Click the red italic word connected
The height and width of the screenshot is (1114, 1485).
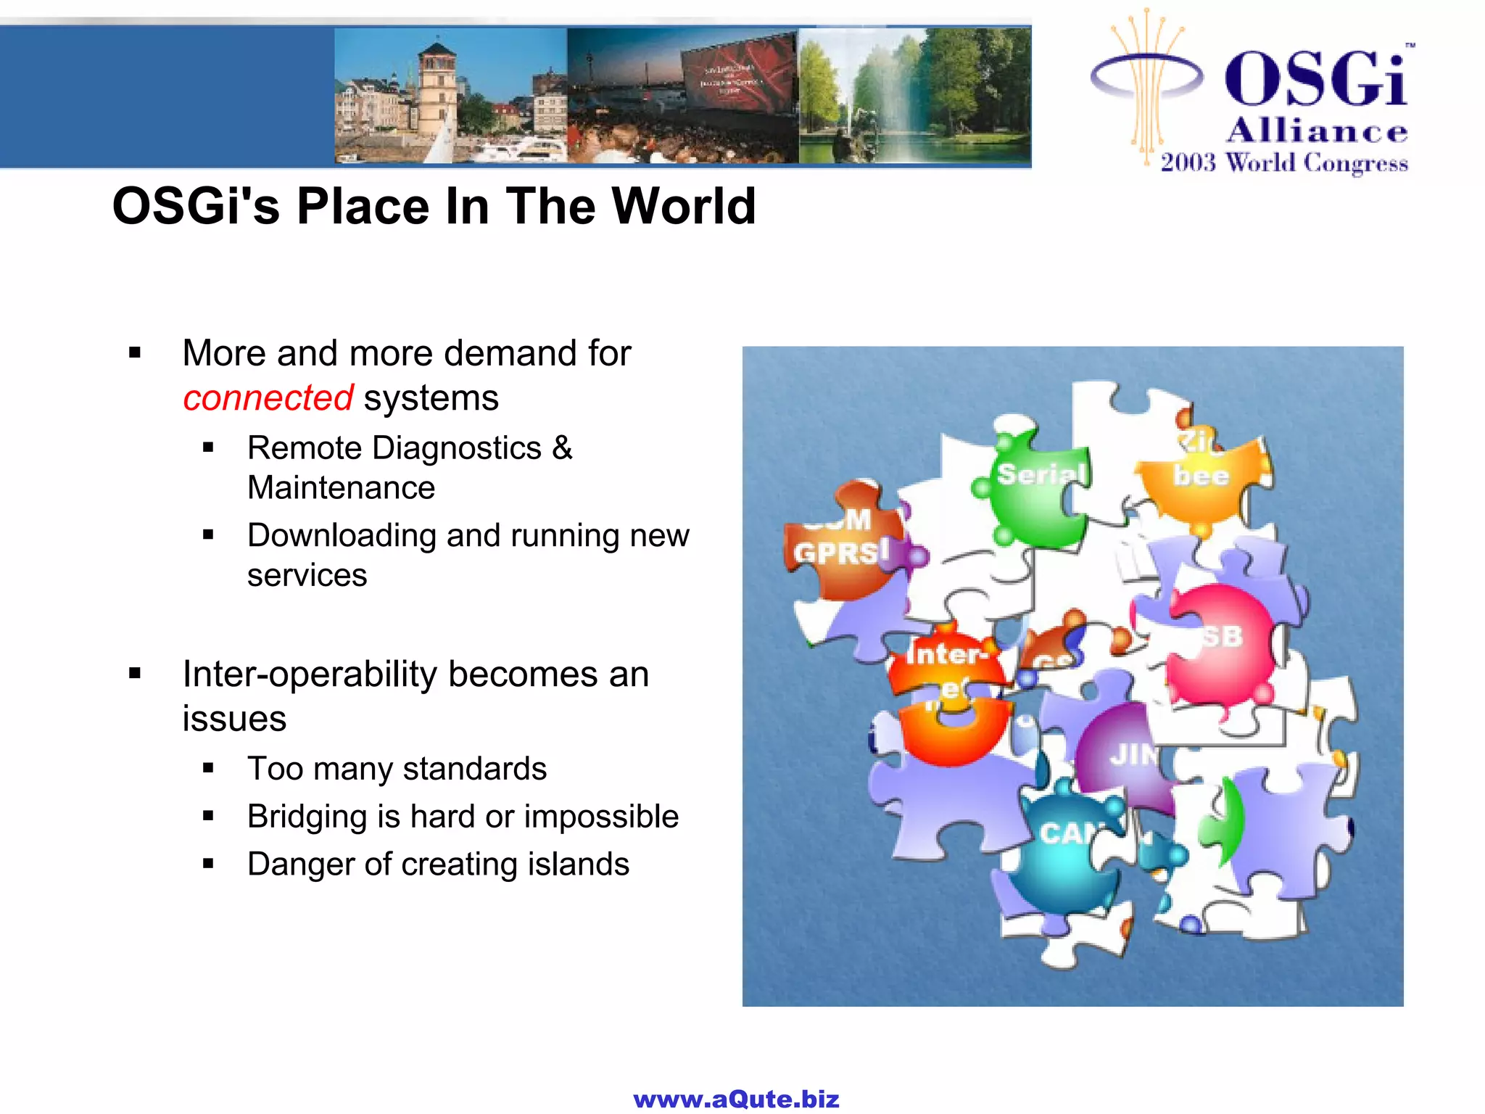click(x=268, y=398)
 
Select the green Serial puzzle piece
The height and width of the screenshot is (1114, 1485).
click(x=1037, y=490)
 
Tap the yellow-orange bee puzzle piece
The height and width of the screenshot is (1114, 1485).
click(x=1200, y=479)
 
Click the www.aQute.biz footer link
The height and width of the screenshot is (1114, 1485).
click(x=736, y=1099)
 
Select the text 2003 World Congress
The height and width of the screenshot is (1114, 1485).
click(x=1283, y=162)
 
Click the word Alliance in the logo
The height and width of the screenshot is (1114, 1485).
click(x=1317, y=131)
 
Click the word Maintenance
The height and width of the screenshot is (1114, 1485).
click(x=341, y=488)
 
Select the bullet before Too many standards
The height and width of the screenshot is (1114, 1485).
click(x=209, y=768)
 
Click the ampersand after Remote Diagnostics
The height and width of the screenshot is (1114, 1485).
click(x=562, y=448)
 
